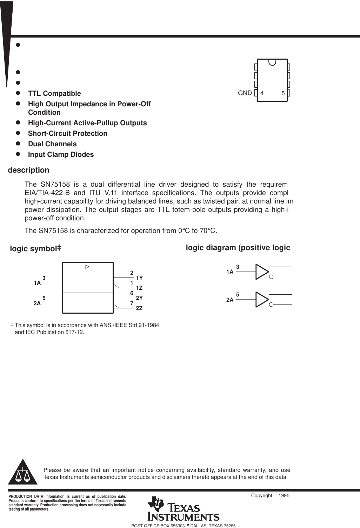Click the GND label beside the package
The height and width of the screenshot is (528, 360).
(x=245, y=93)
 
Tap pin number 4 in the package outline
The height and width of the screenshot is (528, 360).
(x=262, y=93)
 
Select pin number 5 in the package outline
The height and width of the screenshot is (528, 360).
(x=283, y=93)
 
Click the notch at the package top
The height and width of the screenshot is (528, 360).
(x=272, y=62)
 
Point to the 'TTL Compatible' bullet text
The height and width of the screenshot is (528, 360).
(x=54, y=93)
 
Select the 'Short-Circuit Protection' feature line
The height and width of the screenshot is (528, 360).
(x=68, y=133)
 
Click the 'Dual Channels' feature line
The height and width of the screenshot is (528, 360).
(x=52, y=144)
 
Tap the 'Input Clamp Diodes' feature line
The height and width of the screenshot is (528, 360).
(x=61, y=154)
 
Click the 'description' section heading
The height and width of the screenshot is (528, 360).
(x=28, y=170)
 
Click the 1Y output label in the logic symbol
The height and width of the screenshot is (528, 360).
(x=139, y=278)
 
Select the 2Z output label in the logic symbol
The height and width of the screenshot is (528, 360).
(x=139, y=308)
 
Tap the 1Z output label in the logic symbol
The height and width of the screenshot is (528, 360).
(x=139, y=288)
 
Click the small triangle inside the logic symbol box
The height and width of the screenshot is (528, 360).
(x=87, y=267)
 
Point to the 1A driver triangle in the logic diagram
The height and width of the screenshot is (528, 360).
(x=262, y=272)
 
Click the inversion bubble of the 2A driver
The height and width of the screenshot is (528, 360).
(x=271, y=305)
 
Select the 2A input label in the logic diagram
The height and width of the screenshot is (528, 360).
(x=230, y=300)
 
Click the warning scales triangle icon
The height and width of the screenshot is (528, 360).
(x=23, y=472)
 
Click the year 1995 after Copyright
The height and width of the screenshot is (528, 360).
(x=284, y=495)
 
